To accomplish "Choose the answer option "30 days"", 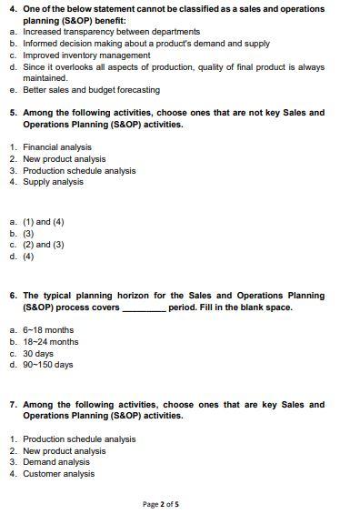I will [x=39, y=354].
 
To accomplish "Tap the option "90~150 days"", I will [x=47, y=365].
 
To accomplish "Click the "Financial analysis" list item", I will [x=57, y=147].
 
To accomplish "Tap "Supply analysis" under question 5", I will [x=53, y=182].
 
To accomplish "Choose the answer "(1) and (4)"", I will [x=44, y=222].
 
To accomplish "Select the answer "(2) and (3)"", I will [x=44, y=245].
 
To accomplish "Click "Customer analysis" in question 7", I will [x=58, y=474].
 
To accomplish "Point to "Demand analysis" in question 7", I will [x=56, y=462].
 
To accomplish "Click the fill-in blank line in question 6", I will [x=144, y=308].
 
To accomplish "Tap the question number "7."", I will [x=13, y=405].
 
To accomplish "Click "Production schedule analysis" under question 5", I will [x=79, y=170].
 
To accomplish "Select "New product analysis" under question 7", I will [x=65, y=450].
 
